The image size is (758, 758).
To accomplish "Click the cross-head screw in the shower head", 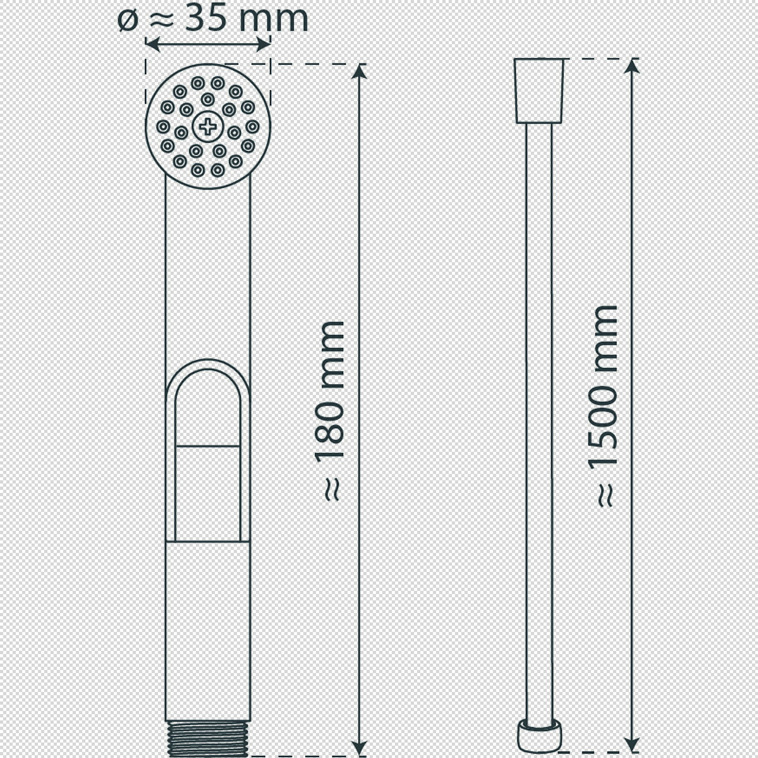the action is click(208, 127).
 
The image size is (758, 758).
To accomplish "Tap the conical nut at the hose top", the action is click(539, 91).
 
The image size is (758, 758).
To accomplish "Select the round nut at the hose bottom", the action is click(539, 736).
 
